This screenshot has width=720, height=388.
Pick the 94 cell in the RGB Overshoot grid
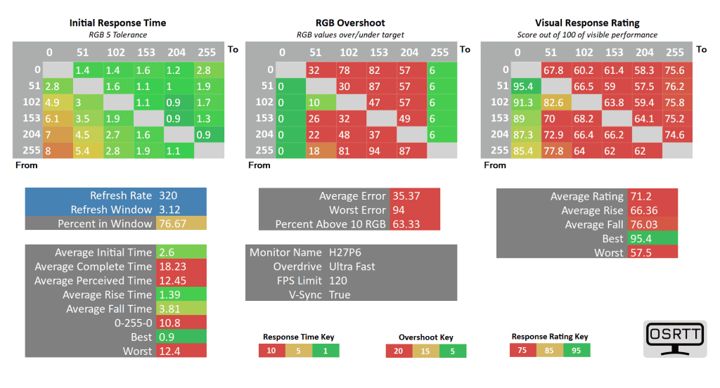[x=379, y=150]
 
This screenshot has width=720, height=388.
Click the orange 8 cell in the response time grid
[x=57, y=150]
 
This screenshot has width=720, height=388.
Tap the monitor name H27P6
[x=346, y=252]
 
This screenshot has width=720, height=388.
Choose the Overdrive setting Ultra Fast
[x=352, y=266]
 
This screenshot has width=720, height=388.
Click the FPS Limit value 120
[x=338, y=280]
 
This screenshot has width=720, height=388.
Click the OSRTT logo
[x=674, y=338]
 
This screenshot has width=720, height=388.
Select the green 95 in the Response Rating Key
[x=575, y=350]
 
